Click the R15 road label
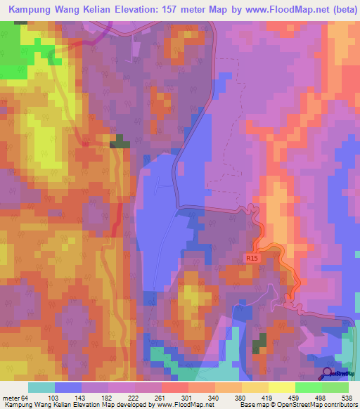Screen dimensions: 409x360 (252, 259)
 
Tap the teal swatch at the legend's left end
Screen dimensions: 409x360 (41, 387)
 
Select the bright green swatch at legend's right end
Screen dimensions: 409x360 (335, 387)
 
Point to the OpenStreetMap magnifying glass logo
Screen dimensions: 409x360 (326, 372)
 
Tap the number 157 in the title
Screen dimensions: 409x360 (158, 9)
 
